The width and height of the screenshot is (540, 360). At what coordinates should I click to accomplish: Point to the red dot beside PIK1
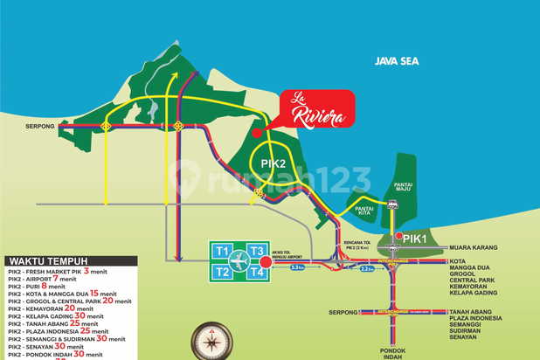pos(398,236)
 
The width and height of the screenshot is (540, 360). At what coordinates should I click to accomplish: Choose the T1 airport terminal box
pos(222,252)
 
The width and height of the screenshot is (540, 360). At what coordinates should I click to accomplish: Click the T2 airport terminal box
pos(222,272)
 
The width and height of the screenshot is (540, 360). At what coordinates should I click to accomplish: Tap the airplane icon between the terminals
pos(239,261)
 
